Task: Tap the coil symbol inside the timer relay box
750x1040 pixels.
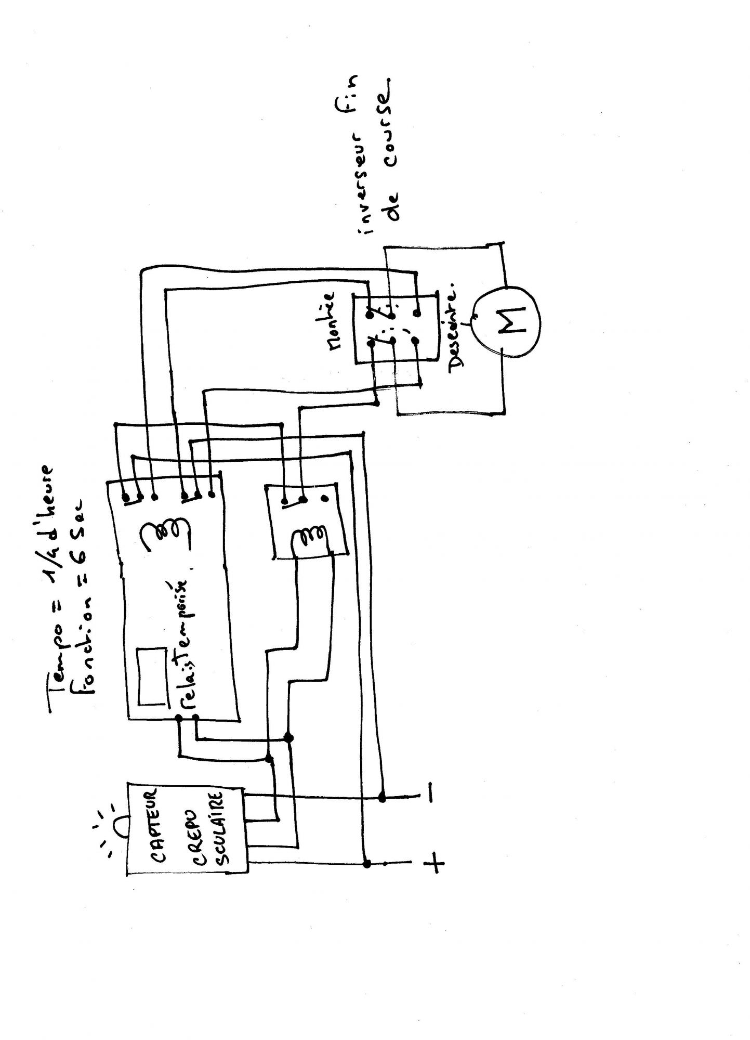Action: tap(165, 534)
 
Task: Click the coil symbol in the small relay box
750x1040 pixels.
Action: tap(310, 541)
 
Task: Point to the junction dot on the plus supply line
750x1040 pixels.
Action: tap(367, 864)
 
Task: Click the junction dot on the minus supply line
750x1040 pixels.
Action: tap(383, 797)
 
